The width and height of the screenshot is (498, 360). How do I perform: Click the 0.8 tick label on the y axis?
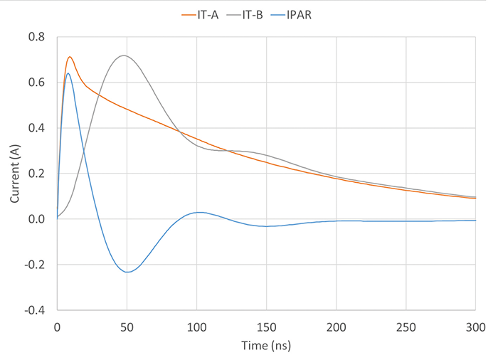click(35, 37)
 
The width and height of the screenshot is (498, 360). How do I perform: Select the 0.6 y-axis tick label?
click(35, 83)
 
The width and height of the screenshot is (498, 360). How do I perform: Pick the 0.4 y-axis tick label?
click(35, 128)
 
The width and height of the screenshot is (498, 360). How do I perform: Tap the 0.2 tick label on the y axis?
click(35, 174)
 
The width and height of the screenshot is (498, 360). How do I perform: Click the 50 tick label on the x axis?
click(127, 327)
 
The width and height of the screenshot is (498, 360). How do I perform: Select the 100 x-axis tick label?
click(196, 327)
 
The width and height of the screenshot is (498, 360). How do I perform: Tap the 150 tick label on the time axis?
click(266, 327)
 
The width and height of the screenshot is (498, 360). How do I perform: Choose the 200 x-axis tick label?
click(336, 327)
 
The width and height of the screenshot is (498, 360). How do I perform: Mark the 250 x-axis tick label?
click(406, 327)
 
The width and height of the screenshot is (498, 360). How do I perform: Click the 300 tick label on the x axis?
click(475, 327)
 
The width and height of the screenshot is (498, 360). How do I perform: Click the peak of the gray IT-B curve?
click(124, 55)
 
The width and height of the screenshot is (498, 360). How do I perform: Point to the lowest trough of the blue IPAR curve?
click(127, 272)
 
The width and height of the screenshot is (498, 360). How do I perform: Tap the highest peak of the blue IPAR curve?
click(68, 73)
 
